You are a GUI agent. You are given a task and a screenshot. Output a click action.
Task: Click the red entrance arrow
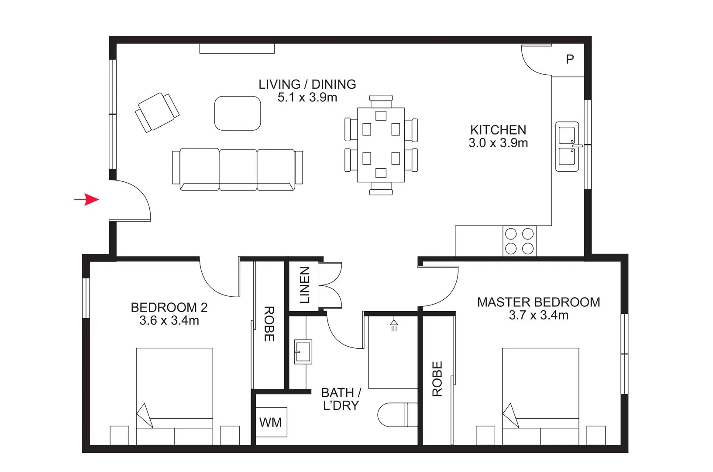coord(86,200)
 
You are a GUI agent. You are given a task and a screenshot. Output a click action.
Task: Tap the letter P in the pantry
coord(570,59)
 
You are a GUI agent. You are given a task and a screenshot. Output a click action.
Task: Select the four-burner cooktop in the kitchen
coord(519,241)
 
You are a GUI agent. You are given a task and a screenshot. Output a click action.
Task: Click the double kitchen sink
coord(567,146)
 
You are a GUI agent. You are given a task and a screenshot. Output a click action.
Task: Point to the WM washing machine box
coord(271,422)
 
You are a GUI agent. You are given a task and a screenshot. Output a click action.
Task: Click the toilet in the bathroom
coord(396,414)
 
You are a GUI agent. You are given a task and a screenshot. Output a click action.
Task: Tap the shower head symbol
coord(394,324)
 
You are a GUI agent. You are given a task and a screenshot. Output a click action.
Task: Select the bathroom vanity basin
coord(303,352)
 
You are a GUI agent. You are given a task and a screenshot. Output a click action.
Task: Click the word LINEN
coord(305,285)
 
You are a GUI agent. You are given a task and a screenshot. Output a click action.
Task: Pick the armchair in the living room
coord(157,112)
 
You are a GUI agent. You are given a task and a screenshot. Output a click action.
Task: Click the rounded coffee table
coord(238,113)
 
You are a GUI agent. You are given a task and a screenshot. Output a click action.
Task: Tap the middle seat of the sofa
coord(238,170)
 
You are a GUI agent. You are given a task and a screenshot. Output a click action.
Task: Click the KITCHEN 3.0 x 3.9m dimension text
coord(498,143)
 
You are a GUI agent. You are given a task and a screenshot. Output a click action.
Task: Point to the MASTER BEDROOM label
coord(538,302)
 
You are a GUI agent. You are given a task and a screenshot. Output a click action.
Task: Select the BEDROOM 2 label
coord(169,307)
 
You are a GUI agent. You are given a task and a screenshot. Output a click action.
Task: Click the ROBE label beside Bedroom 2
coord(269,324)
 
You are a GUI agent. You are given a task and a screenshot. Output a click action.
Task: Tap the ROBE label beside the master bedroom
coord(437,378)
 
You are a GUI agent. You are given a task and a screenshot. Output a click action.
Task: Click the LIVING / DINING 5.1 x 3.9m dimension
coord(307,97)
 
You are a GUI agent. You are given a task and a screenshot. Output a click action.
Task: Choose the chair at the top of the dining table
coord(381,101)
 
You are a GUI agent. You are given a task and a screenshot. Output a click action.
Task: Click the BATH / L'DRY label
coord(341,399)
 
